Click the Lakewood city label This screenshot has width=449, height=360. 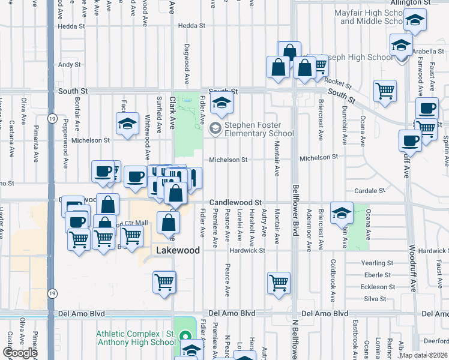pos(178,250)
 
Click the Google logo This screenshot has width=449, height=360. pos(20,353)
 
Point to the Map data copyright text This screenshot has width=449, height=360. pos(423,355)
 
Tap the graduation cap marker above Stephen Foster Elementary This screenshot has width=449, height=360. pos(222,104)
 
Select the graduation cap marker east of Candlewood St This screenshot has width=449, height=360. pos(342,213)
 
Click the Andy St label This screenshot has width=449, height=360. pos(70,64)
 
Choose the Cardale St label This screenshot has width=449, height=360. pos(369,191)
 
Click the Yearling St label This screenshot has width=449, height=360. pos(377,263)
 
